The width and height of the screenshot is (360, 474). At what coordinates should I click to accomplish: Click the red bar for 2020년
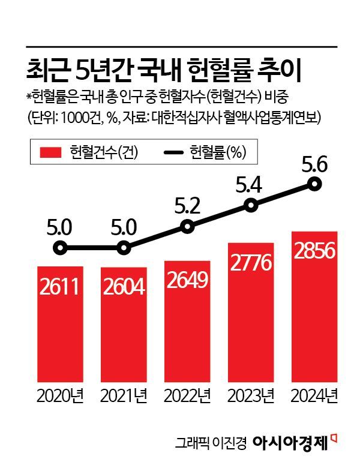pyautogui.click(x=58, y=324)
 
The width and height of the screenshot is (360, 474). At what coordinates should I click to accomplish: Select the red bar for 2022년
pyautogui.click(x=187, y=321)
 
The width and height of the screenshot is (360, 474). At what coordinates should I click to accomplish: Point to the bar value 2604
pyautogui.click(x=123, y=287)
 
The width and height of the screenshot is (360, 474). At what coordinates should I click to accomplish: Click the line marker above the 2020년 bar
pyautogui.click(x=59, y=248)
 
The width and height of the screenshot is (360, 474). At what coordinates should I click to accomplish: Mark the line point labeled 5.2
pyautogui.click(x=187, y=227)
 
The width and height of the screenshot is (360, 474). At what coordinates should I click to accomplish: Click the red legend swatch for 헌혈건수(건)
pyautogui.click(x=52, y=152)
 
